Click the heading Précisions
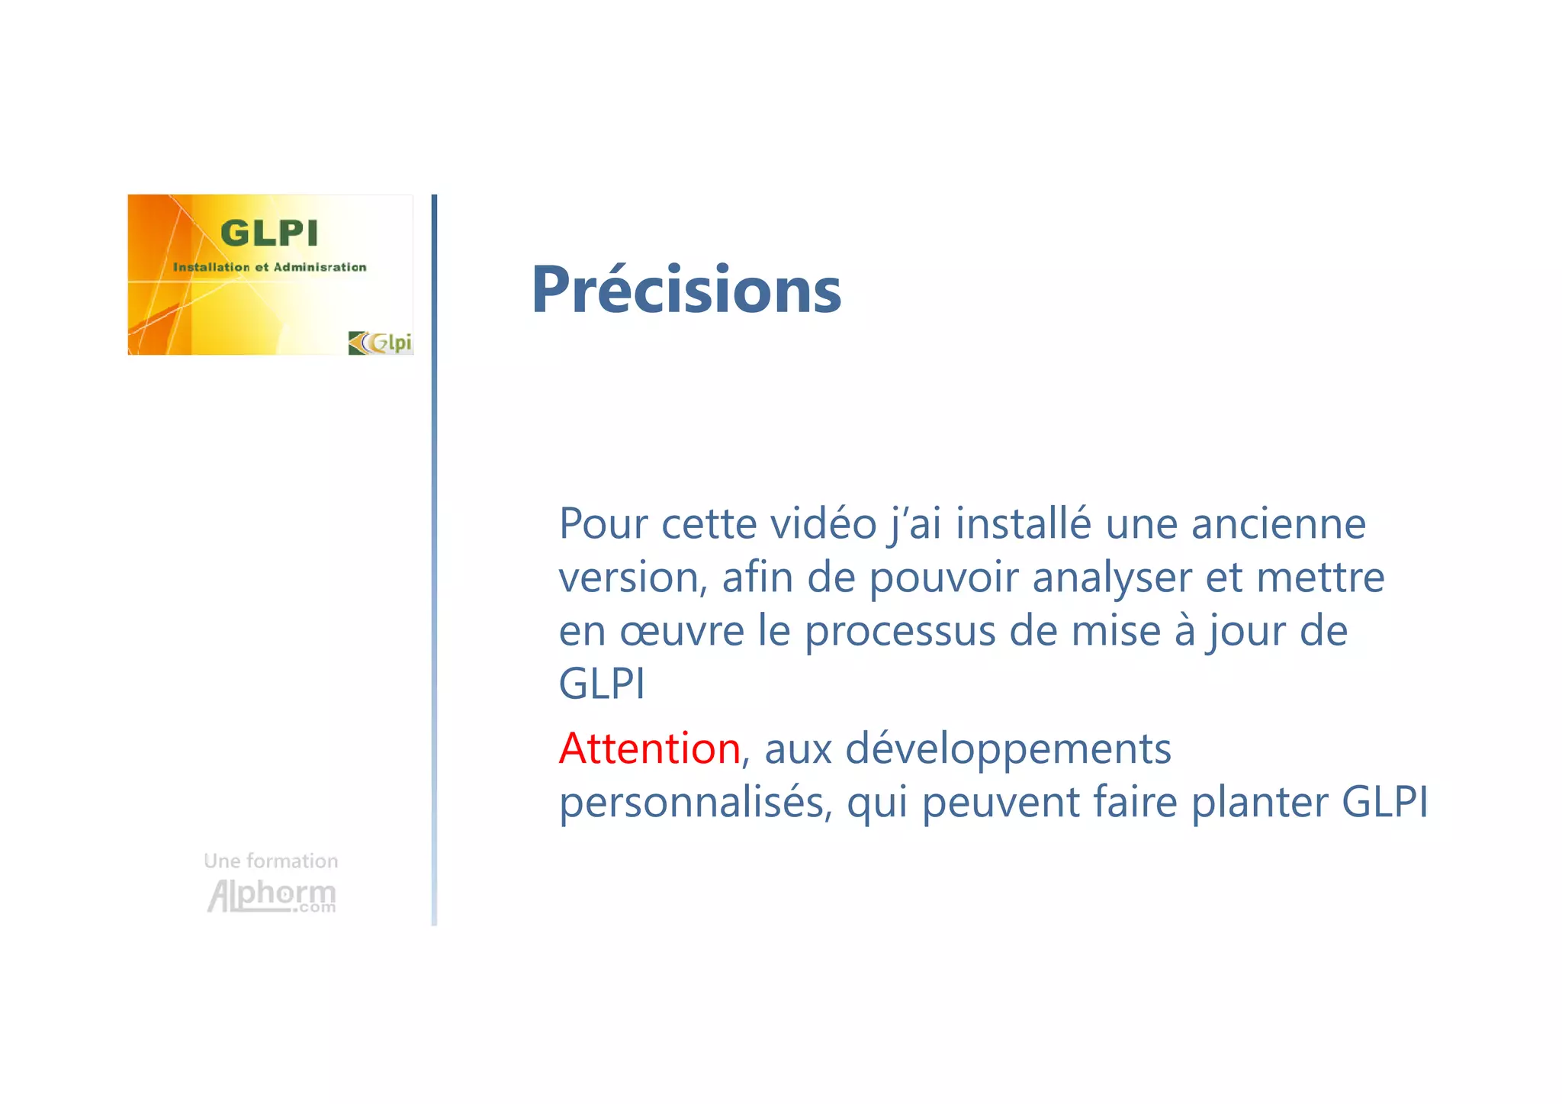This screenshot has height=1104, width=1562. [686, 290]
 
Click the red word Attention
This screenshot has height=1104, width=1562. [649, 748]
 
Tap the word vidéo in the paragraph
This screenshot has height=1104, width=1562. [824, 524]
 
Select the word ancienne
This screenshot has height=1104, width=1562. [1278, 524]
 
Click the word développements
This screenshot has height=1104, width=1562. [1008, 748]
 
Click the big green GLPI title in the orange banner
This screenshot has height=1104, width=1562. [269, 233]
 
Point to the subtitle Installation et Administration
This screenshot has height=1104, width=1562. [269, 267]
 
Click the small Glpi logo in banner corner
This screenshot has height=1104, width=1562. [380, 343]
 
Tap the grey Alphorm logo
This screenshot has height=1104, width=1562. [272, 895]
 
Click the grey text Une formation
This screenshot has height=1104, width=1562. [271, 861]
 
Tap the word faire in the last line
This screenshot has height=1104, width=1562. [1136, 802]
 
